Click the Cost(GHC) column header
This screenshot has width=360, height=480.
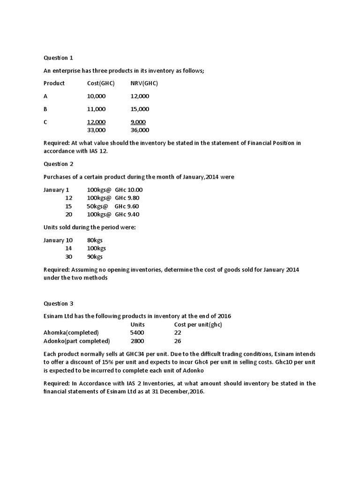[101, 83]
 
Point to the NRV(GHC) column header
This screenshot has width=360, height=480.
[144, 83]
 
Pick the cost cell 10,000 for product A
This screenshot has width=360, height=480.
[97, 96]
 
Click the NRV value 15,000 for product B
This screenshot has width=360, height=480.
[140, 109]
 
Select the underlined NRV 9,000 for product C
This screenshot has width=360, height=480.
[138, 122]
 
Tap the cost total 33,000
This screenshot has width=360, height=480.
[97, 130]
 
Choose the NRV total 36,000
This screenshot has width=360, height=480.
[140, 130]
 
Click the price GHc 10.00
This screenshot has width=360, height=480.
[128, 190]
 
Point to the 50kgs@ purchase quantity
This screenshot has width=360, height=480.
[97, 206]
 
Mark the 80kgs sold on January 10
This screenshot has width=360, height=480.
[95, 240]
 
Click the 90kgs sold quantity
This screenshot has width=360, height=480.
[95, 257]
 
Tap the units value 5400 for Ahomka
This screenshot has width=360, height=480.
[137, 332]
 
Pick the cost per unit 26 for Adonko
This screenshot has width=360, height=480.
[178, 341]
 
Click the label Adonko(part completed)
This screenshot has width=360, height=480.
[76, 341]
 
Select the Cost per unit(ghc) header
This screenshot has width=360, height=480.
[198, 324]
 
